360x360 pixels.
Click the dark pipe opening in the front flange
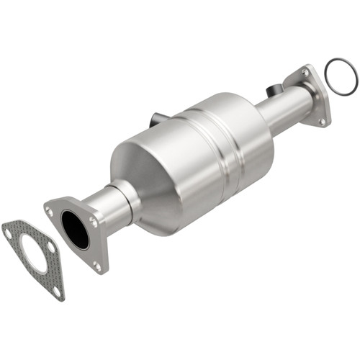(x=74, y=229)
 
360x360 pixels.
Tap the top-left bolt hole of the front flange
(x=50, y=210)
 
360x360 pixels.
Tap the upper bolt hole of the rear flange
(x=305, y=73)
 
